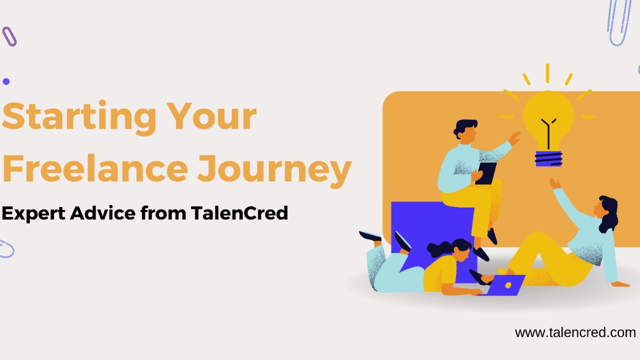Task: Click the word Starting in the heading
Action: point(79,117)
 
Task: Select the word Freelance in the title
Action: point(95,168)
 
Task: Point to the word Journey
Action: point(274,171)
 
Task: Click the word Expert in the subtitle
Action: point(33,213)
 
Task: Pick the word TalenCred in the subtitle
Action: point(239,213)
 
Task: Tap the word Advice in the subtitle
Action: point(103,213)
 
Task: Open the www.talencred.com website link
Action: point(575,333)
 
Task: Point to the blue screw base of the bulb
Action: point(548,158)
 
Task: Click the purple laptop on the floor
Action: point(504,285)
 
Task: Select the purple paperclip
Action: point(9,36)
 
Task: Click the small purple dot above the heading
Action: point(6,81)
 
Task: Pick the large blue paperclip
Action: point(618,21)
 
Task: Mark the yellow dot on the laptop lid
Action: point(508,285)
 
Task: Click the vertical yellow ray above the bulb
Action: point(547,73)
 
